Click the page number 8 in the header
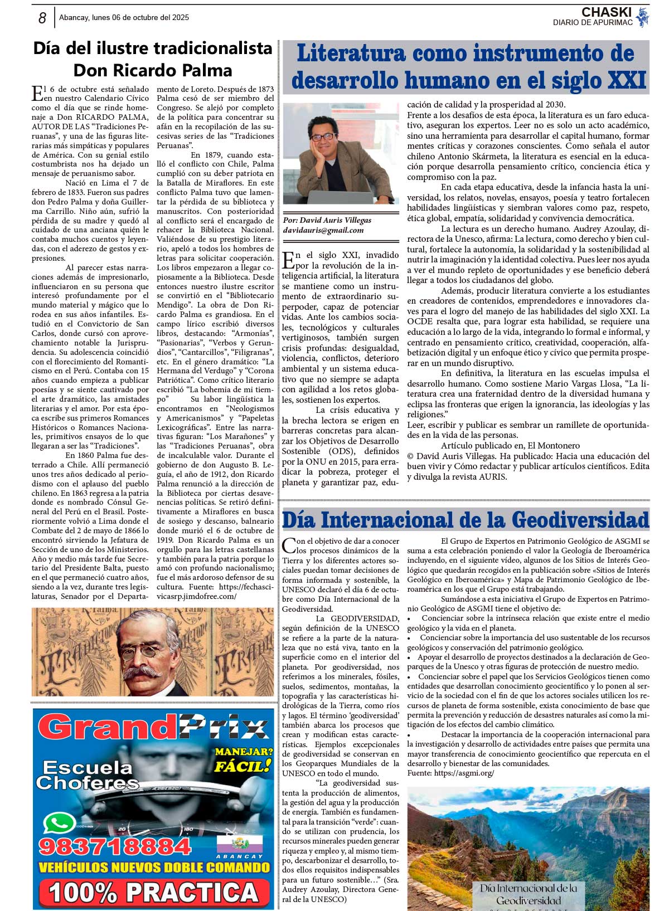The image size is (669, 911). point(42,18)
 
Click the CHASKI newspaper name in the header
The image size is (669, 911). point(606,12)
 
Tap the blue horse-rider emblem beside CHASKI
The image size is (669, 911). point(643,17)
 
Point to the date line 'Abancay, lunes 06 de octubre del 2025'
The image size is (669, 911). point(124,17)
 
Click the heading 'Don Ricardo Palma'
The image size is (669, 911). point(152,70)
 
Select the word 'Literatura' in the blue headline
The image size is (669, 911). point(351,54)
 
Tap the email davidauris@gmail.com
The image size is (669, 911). point(323,230)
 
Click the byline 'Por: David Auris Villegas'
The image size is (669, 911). point(327,220)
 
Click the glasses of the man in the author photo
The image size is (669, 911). point(323,136)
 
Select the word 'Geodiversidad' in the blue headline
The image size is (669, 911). point(580,520)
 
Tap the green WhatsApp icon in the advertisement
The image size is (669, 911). point(59,824)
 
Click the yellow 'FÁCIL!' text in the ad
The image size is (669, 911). point(243,766)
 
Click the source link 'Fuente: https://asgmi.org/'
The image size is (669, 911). point(450,773)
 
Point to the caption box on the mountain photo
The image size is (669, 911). point(529,895)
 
